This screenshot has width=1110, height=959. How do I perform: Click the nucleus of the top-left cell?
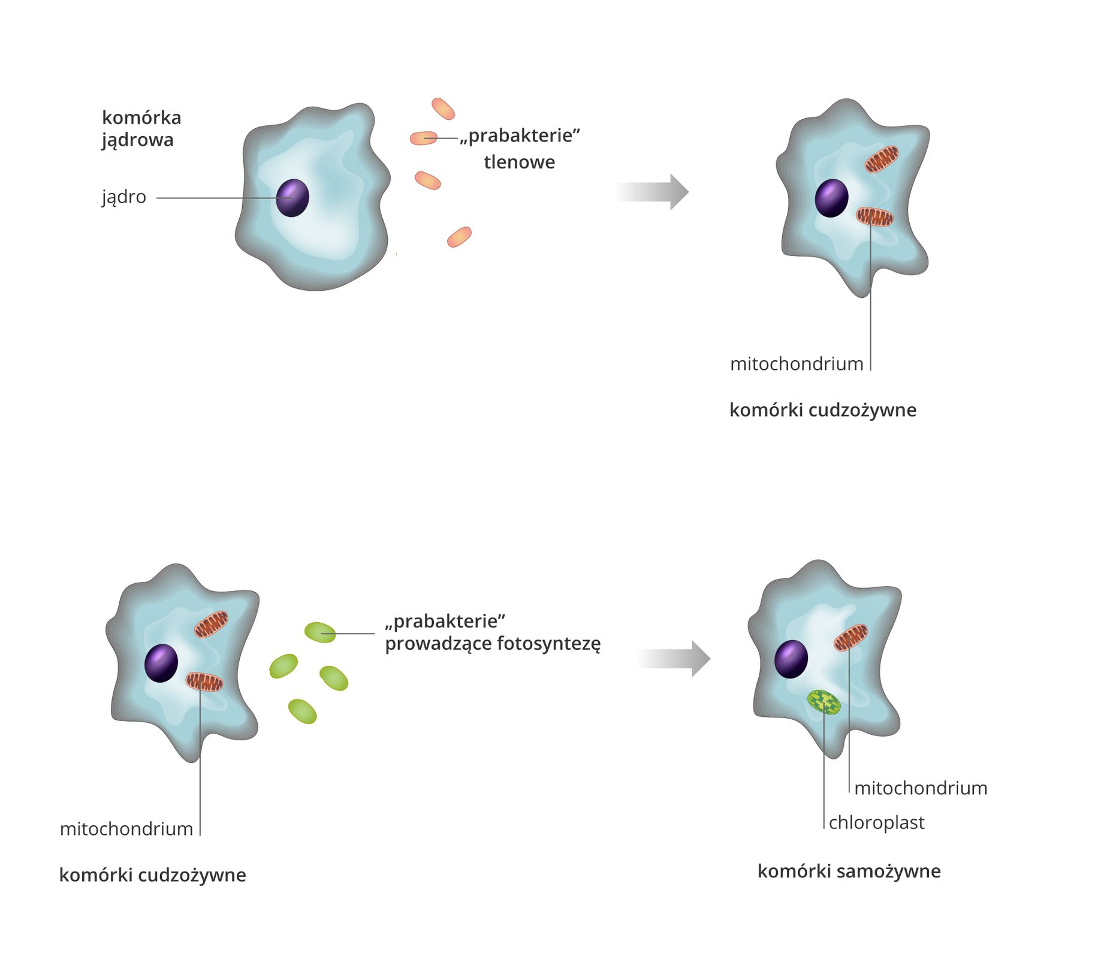pyautogui.click(x=292, y=198)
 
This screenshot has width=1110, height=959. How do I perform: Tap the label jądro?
pyautogui.click(x=124, y=197)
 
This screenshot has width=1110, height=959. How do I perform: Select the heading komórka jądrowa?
pyautogui.click(x=141, y=128)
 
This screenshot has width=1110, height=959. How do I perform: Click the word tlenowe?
pyautogui.click(x=519, y=162)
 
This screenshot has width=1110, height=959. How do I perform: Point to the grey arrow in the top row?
pyautogui.click(x=653, y=192)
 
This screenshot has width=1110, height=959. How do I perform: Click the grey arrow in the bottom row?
pyautogui.click(x=674, y=659)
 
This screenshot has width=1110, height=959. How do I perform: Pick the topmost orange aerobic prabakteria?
pyautogui.click(x=443, y=108)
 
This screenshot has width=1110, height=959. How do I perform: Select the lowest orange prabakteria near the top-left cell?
pyautogui.click(x=459, y=237)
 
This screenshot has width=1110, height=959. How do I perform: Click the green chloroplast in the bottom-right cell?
pyautogui.click(x=824, y=702)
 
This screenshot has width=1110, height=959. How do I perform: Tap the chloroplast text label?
pyautogui.click(x=876, y=823)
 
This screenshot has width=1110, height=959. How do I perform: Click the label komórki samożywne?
pyautogui.click(x=849, y=871)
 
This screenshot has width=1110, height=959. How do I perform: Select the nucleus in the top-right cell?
pyautogui.click(x=831, y=198)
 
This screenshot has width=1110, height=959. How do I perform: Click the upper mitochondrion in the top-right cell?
pyautogui.click(x=881, y=159)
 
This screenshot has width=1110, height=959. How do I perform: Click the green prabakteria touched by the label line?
pyautogui.click(x=320, y=632)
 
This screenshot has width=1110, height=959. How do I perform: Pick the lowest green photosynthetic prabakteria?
pyautogui.click(x=302, y=711)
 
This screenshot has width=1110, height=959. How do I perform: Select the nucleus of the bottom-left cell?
pyautogui.click(x=161, y=664)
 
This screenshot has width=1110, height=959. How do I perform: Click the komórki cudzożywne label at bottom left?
pyautogui.click(x=152, y=876)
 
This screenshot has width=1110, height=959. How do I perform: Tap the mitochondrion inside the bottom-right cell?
pyautogui.click(x=850, y=638)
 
